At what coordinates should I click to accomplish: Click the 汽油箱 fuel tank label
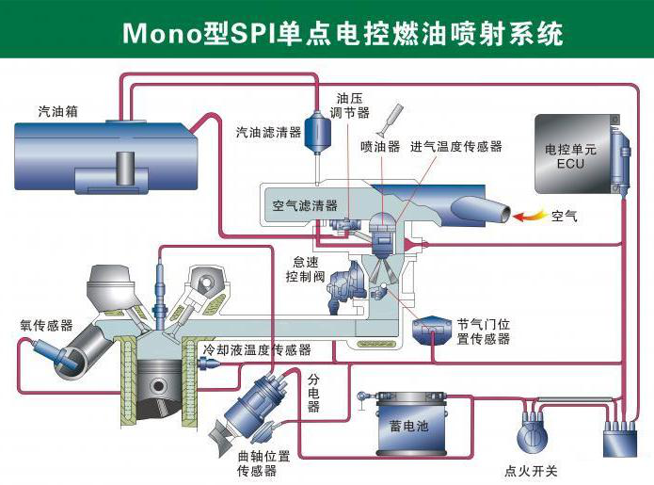pyautogui.click(x=58, y=111)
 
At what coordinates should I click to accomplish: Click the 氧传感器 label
pyautogui.click(x=46, y=325)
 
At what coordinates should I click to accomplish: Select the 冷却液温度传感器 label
pyautogui.click(x=257, y=349)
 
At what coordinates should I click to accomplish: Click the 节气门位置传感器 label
pyautogui.click(x=483, y=331)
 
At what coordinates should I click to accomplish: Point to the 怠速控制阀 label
pyautogui.click(x=305, y=270)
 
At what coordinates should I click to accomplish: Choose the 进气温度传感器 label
pyautogui.click(x=456, y=147)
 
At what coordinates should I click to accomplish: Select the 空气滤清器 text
pyautogui.click(x=305, y=205)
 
